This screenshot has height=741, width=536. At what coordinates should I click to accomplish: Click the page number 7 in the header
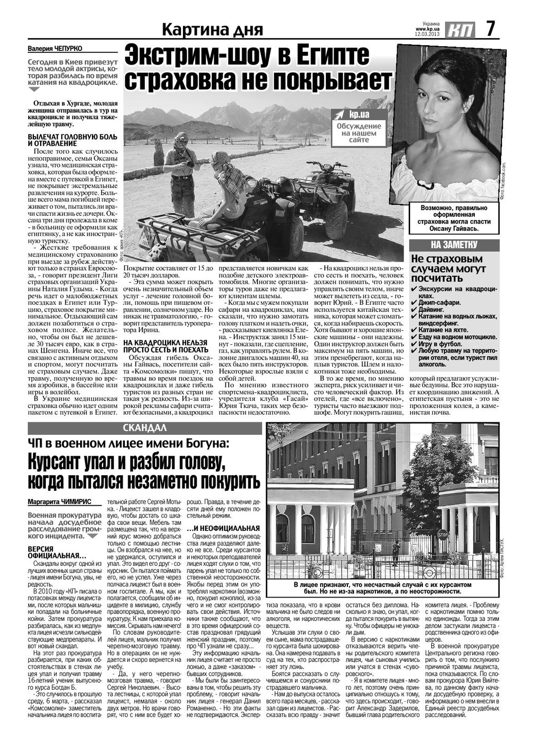click(490, 28)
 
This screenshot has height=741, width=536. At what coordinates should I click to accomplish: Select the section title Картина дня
click(212, 30)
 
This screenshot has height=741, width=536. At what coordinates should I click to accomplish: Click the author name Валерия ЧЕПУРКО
click(55, 49)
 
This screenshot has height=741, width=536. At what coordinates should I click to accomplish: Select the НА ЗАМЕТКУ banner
click(454, 244)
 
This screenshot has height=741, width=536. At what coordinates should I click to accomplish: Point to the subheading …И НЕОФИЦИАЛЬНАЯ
click(223, 528)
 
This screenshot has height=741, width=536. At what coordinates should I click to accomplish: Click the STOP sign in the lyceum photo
click(442, 534)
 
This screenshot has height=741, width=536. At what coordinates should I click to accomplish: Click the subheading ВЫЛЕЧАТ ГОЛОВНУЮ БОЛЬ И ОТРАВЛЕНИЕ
click(72, 140)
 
